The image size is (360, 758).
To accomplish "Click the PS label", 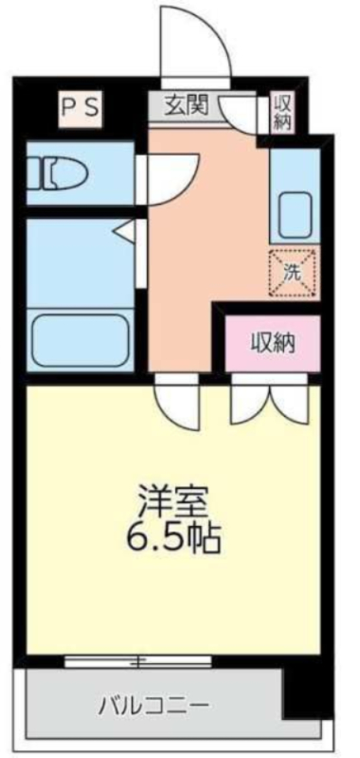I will pyautogui.click(x=80, y=107).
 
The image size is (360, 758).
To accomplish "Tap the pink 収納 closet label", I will pyautogui.click(x=273, y=343).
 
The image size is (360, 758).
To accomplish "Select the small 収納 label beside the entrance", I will pyautogui.click(x=282, y=112).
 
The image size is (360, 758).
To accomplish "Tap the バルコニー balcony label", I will pyautogui.click(x=153, y=706).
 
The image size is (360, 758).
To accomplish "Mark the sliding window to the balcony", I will pyautogui.click(x=142, y=660).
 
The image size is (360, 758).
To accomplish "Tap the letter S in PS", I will pyautogui.click(x=92, y=107).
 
